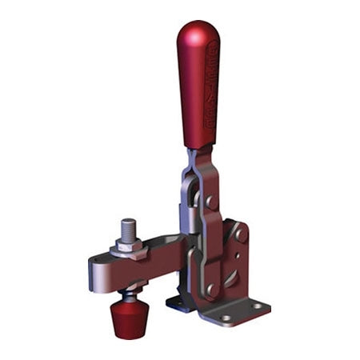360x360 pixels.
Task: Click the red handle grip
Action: tap(198, 88)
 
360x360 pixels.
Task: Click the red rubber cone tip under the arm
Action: tap(126, 317)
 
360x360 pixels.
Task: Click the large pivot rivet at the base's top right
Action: tap(239, 234)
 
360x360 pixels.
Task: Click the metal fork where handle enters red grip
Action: tap(195, 160)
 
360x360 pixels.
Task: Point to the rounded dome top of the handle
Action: tap(195, 32)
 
